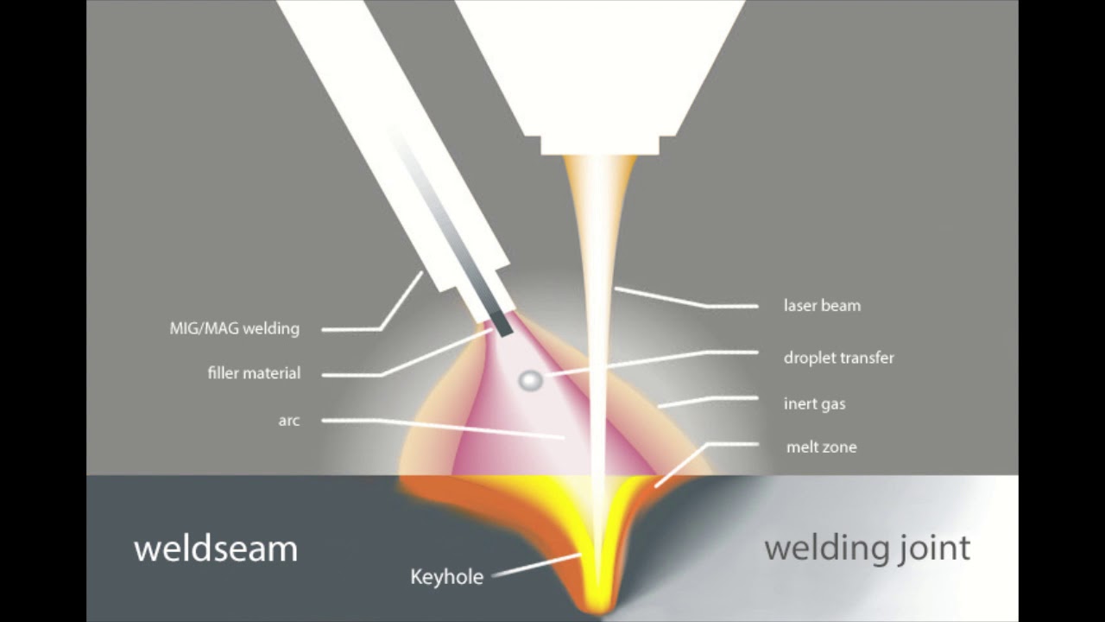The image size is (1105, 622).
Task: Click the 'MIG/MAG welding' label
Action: [234, 328]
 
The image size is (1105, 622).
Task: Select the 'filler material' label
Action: [254, 373]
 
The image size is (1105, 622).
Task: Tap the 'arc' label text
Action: [289, 421]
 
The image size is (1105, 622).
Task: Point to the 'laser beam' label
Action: [822, 305]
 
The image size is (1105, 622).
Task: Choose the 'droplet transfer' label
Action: [838, 358]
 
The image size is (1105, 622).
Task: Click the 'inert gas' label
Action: [814, 403]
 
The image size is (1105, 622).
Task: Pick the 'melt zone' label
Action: [821, 447]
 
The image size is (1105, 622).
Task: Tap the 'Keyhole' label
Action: [446, 577]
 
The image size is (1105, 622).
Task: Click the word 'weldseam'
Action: [215, 549]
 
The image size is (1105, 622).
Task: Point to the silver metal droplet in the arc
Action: [530, 379]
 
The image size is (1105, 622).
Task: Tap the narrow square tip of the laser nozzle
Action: [600, 145]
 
